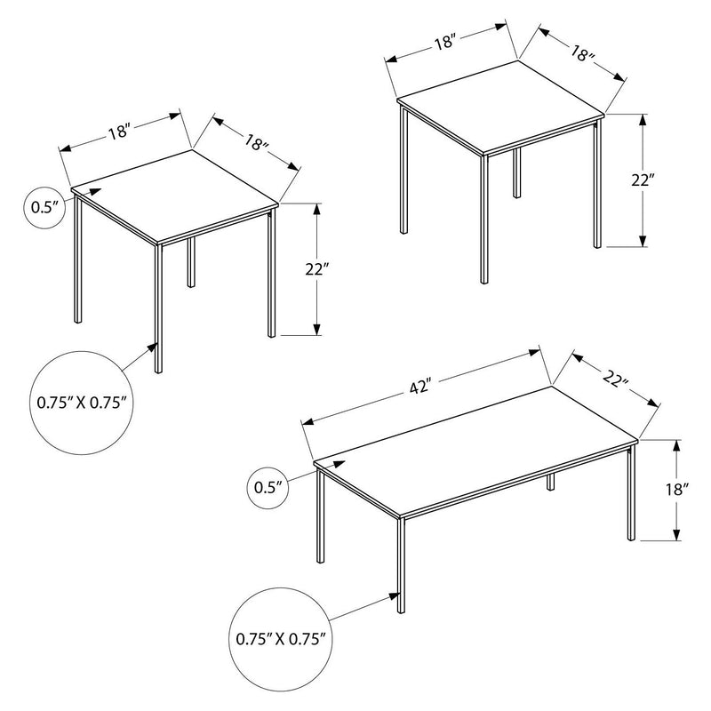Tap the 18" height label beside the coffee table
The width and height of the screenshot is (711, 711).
click(x=676, y=489)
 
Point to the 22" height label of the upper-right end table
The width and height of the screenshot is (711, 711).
click(x=643, y=180)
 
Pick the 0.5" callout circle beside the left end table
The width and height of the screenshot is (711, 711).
click(x=44, y=207)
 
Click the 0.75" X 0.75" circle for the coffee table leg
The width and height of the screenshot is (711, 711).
click(x=282, y=637)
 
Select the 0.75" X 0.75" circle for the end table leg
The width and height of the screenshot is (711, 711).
click(x=82, y=402)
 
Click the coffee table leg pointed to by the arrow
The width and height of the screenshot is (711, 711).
click(x=400, y=569)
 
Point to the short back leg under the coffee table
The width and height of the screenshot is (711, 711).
click(x=551, y=481)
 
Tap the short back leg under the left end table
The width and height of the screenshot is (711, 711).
click(x=190, y=262)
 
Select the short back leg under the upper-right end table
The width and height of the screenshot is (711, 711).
click(x=516, y=173)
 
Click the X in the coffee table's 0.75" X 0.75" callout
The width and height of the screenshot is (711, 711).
click(x=282, y=637)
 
